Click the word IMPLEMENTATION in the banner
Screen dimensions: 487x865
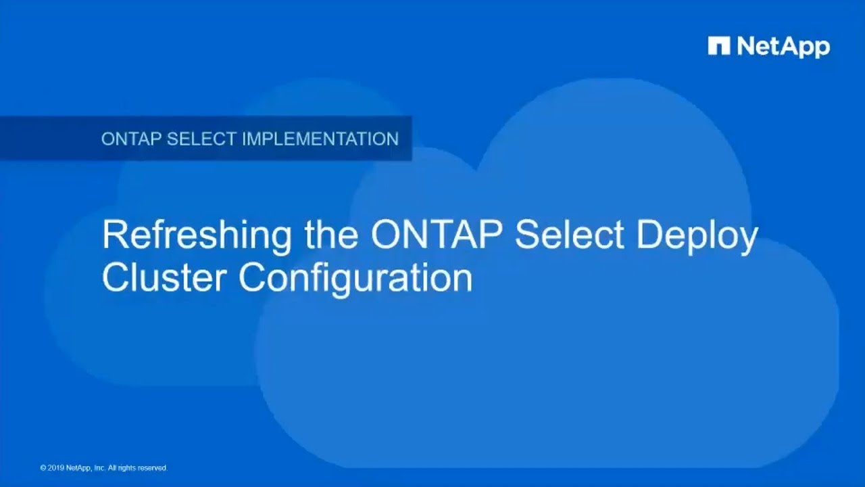pos(320,139)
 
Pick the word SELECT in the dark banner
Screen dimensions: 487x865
pos(201,139)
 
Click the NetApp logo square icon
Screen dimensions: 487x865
pos(719,46)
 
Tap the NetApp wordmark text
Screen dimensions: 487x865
pos(783,47)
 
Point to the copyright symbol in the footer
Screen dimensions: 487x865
pos(43,468)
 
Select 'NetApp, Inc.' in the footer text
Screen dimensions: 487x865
pos(85,468)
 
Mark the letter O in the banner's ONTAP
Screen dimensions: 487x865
pos(107,139)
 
